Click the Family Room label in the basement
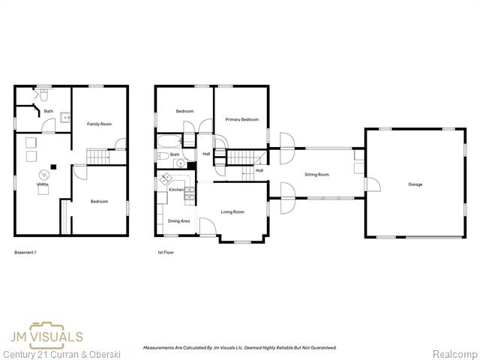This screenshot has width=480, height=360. tap(99, 124)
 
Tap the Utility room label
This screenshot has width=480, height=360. tap(43, 184)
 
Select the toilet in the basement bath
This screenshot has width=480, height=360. tap(44, 95)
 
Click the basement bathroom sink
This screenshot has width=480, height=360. tap(65, 118)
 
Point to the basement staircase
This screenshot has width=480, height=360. tap(97, 156)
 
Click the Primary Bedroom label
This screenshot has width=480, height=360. tap(241, 119)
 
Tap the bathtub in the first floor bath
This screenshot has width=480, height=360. tap(168, 141)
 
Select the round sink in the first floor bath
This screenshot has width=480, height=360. tap(161, 156)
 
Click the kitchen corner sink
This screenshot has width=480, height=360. tap(163, 181)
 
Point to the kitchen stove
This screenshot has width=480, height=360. tap(189, 190)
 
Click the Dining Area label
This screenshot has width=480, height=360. tap(178, 221)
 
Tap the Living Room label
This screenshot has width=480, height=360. tap(232, 211)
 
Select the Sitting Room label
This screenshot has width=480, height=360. tap(316, 175)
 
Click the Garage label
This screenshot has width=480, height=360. tap(415, 184)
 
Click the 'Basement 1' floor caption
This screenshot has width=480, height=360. tap(25, 253)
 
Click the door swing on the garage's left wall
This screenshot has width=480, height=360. tap(361, 184)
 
